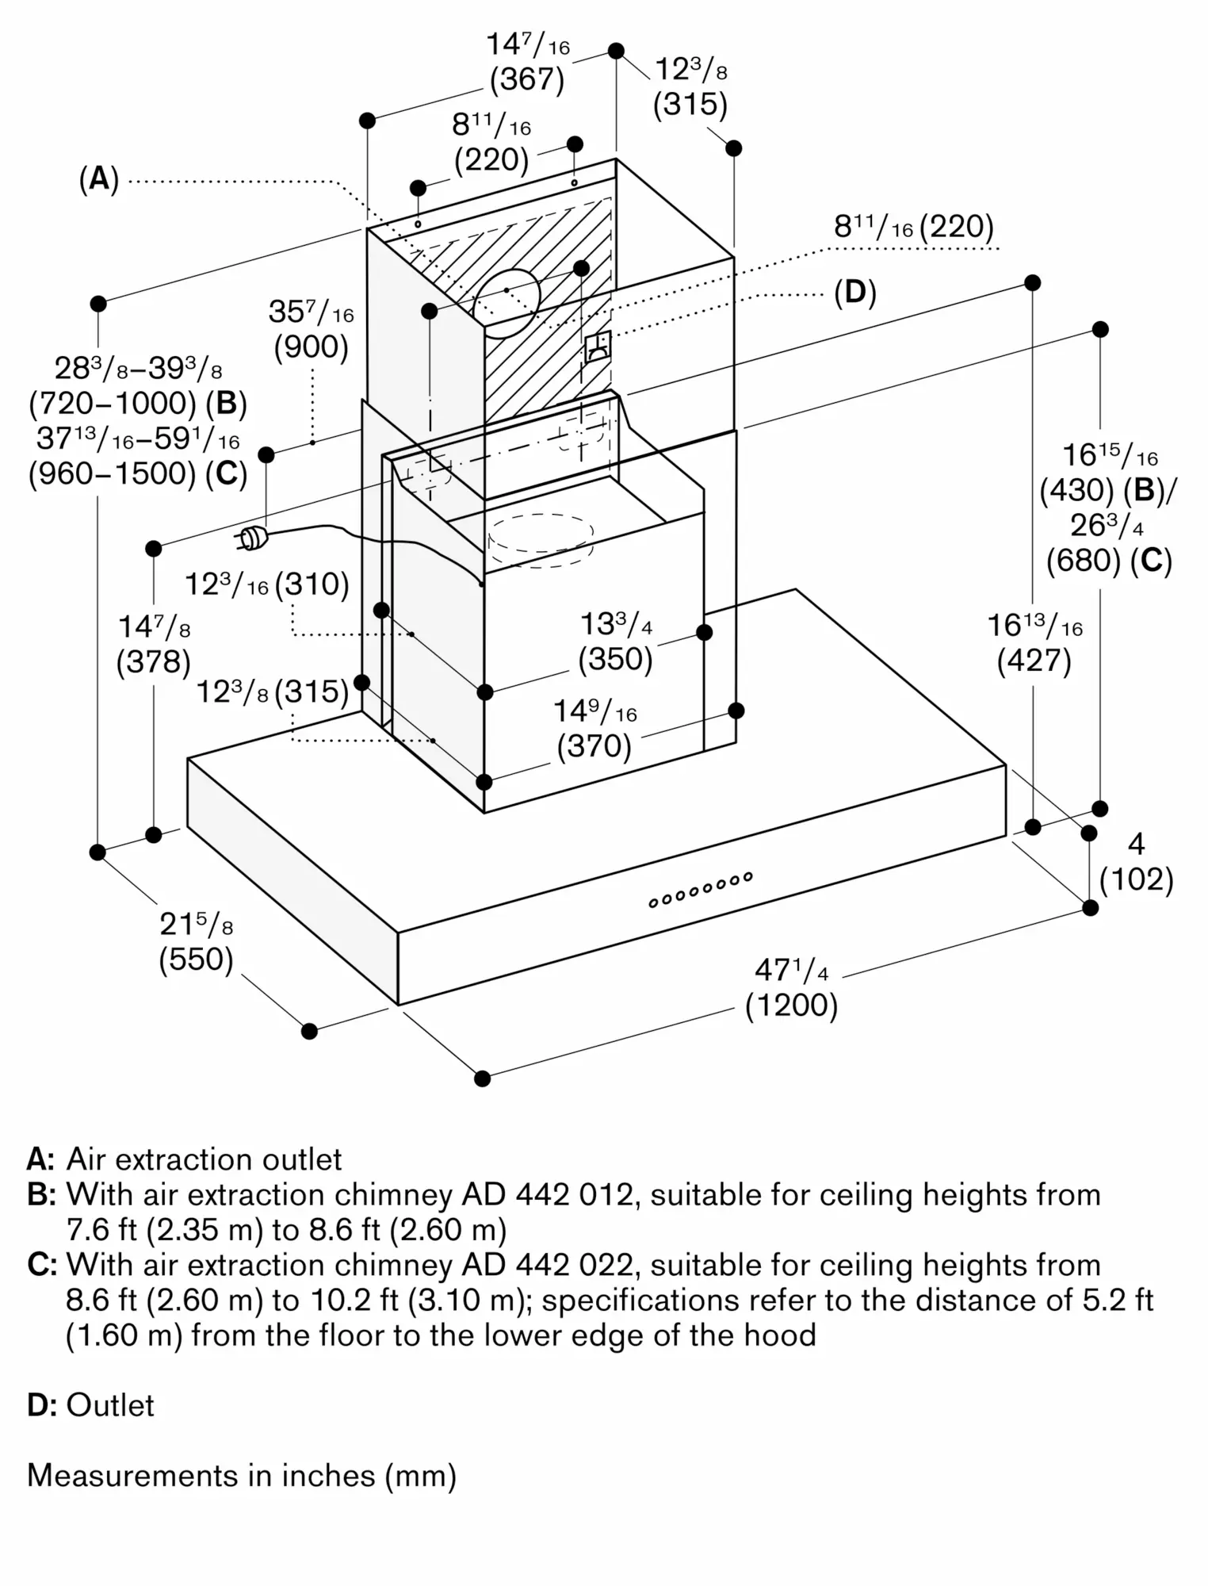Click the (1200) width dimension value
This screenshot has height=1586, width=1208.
[791, 1006]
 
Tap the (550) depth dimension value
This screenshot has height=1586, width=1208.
[196, 960]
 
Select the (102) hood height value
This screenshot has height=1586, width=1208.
[1136, 879]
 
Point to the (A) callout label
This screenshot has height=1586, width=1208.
[99, 180]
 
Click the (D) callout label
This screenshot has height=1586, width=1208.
[855, 293]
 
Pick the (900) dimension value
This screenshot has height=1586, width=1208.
[312, 347]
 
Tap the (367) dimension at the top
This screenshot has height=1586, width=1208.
[527, 80]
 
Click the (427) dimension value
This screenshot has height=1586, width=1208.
[1034, 661]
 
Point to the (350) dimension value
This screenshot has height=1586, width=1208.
[615, 659]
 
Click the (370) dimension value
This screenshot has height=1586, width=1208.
[594, 746]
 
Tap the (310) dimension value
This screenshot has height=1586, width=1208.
[312, 584]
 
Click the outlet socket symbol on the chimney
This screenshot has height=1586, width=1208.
[598, 347]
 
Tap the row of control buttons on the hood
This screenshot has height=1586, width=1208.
[700, 890]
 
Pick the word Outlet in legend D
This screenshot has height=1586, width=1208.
[110, 1405]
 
